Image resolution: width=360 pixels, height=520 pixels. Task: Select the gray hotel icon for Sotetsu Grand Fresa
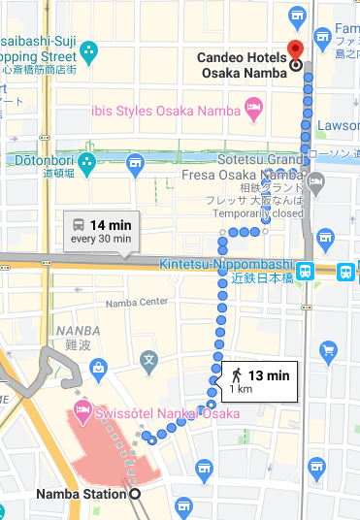315,181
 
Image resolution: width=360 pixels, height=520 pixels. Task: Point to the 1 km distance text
239,389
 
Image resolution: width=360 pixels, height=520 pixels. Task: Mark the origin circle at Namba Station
134,494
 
